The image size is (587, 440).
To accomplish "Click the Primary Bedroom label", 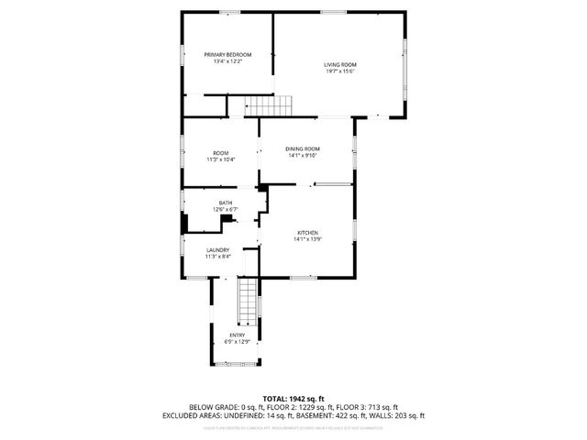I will pos(227,55).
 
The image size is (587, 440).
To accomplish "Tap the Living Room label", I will pos(339,64).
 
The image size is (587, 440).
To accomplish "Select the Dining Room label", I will pos(302,148).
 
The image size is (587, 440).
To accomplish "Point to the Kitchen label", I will pos(307,233).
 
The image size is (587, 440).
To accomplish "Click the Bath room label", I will pos(225,203).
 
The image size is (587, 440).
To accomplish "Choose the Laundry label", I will pos(217,250).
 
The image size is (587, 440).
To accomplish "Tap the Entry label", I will pos(237,335).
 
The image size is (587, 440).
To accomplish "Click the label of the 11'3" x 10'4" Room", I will pos(221,153).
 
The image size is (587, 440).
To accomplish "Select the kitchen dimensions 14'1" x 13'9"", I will pos(307,239).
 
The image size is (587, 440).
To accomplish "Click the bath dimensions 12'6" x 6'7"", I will pos(225,209).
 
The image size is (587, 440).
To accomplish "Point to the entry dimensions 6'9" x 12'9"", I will pos(237,341).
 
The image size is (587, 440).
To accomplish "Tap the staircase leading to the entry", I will pos(247,302).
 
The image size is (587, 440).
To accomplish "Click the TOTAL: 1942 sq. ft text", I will pos(293,398).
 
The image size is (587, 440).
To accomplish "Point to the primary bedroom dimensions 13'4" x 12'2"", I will pos(227,61).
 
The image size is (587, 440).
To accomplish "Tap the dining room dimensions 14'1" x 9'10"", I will pos(302,155).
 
